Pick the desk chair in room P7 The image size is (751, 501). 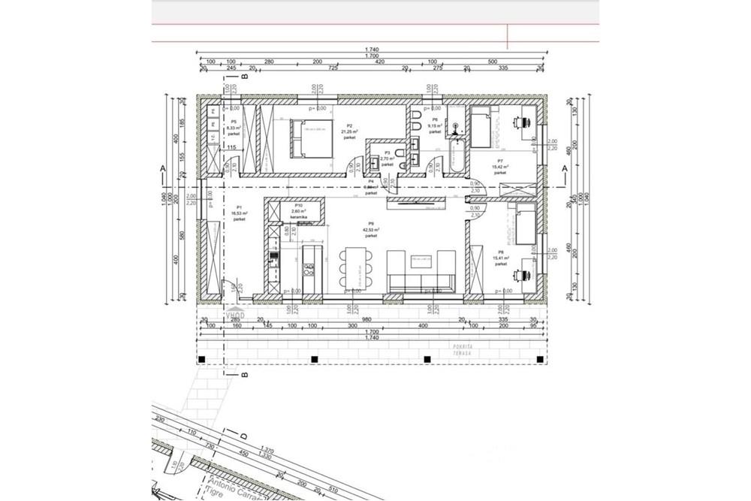tap(523, 119)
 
